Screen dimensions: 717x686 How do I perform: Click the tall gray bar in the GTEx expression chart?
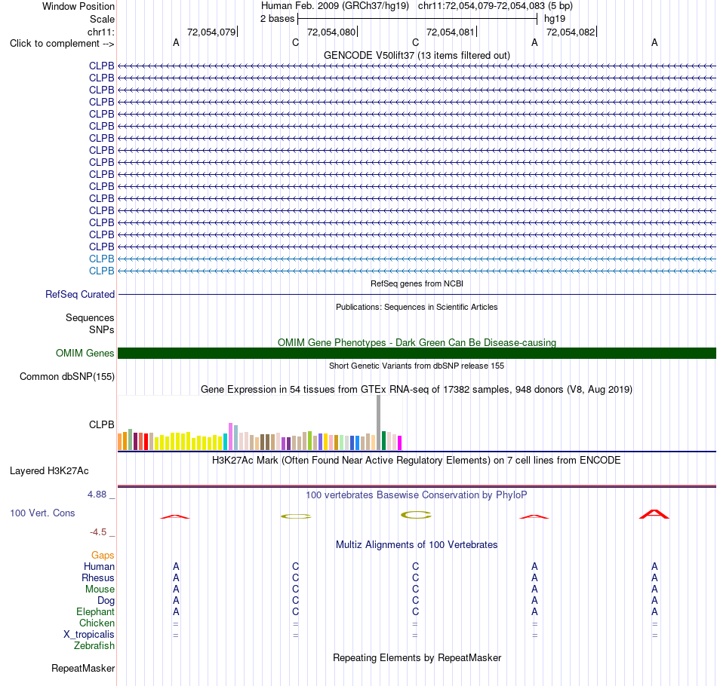[x=379, y=422]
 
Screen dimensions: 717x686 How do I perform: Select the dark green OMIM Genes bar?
[x=417, y=353]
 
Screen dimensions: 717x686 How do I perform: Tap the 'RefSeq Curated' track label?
[x=80, y=294]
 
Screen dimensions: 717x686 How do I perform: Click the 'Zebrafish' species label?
[x=94, y=645]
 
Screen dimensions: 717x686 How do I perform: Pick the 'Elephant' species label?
[x=96, y=611]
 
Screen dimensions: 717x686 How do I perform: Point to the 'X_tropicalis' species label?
[x=89, y=635]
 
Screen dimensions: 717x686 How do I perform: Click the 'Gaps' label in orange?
[x=103, y=555]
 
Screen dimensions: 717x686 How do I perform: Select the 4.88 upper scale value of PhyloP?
[x=97, y=495]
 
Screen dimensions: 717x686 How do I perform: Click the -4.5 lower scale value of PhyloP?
[x=98, y=531]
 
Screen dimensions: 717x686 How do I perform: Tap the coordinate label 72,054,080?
[x=331, y=32]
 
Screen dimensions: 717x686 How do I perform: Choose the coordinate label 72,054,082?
[x=571, y=32]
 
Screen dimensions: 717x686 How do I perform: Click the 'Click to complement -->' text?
[x=62, y=44]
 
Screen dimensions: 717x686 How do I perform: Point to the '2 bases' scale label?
[x=278, y=19]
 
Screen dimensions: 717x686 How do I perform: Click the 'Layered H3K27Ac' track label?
[x=49, y=471]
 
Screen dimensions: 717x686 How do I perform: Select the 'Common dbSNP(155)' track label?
[x=67, y=376]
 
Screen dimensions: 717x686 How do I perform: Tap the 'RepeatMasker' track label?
[x=83, y=668]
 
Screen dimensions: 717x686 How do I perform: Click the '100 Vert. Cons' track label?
[x=42, y=513]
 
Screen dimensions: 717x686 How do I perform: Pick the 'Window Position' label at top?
[x=78, y=6]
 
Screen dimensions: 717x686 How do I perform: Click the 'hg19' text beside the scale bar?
[x=555, y=19]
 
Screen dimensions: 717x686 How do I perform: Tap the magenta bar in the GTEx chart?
[x=400, y=443]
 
